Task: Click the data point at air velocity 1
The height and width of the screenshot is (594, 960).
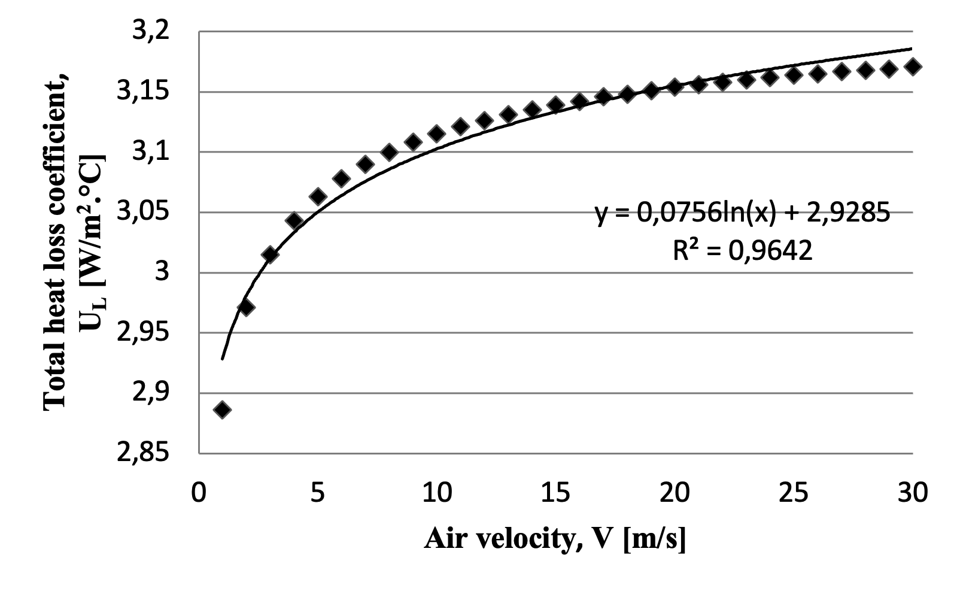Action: pos(222,410)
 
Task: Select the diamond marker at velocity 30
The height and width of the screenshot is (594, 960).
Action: pos(913,66)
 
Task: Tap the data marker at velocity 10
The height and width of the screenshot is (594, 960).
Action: pos(437,134)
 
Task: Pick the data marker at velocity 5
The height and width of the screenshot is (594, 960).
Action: pos(318,196)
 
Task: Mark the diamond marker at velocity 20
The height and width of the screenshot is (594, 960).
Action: pos(675,87)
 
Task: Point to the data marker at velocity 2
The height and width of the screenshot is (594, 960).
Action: pos(246,308)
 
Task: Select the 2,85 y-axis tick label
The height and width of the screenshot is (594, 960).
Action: pos(143,453)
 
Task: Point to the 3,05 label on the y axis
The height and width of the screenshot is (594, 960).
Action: pos(143,212)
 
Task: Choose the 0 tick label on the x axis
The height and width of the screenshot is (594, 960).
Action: pos(199,492)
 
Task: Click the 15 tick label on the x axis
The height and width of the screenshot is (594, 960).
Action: pos(556,492)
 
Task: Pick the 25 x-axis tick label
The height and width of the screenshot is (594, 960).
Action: pos(794,492)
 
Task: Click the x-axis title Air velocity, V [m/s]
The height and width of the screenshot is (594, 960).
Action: pos(555,538)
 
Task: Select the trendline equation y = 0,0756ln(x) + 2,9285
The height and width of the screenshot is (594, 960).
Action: pos(743,213)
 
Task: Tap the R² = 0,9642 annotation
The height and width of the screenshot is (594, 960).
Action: pos(743,250)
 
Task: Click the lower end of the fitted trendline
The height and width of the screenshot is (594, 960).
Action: pos(222,359)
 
